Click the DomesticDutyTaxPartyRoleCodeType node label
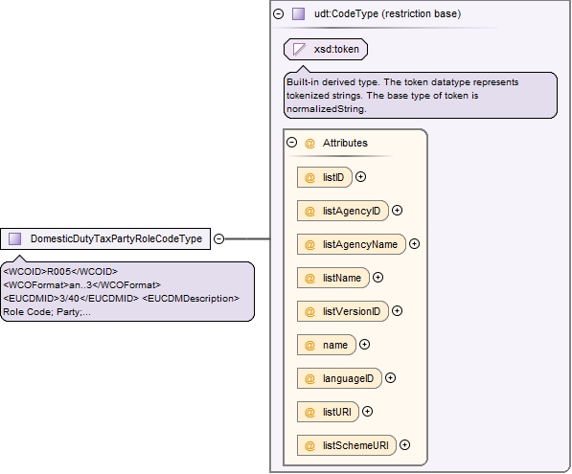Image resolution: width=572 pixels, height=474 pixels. [x=116, y=238]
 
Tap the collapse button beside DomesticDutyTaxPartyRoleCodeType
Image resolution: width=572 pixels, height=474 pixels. [x=218, y=238]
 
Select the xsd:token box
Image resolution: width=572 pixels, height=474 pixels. [x=326, y=49]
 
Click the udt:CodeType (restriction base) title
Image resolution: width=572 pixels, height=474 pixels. [x=387, y=13]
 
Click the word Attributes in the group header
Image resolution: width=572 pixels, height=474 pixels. [x=345, y=143]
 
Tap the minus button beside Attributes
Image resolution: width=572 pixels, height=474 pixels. [x=292, y=142]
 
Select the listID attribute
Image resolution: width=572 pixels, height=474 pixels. [x=325, y=177]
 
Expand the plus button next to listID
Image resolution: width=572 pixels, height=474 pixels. [x=361, y=177]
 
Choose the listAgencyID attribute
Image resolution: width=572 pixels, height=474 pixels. [x=343, y=211]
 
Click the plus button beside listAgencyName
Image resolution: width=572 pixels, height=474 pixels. [x=415, y=244]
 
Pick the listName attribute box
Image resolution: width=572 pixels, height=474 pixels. [x=333, y=278]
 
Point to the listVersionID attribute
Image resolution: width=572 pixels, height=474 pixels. [x=343, y=311]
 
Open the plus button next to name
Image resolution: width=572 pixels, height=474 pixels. [x=364, y=345]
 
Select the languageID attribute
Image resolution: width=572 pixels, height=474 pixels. [x=339, y=378]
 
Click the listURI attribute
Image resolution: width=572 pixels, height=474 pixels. [x=328, y=412]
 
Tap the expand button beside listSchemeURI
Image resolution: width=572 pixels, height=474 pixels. [x=405, y=445]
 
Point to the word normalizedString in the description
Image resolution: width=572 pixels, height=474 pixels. [x=326, y=109]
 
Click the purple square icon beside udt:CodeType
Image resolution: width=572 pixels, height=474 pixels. [x=298, y=13]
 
